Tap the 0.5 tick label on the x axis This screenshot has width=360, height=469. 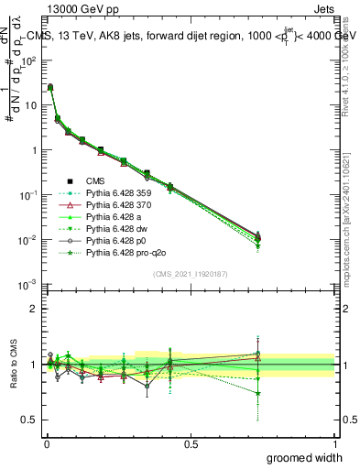(x=191, y=443)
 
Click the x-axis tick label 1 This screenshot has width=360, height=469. (x=335, y=443)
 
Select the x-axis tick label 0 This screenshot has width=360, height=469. (x=46, y=443)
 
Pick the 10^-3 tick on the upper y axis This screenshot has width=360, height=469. (x=28, y=285)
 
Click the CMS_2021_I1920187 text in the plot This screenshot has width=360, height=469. (x=191, y=274)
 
